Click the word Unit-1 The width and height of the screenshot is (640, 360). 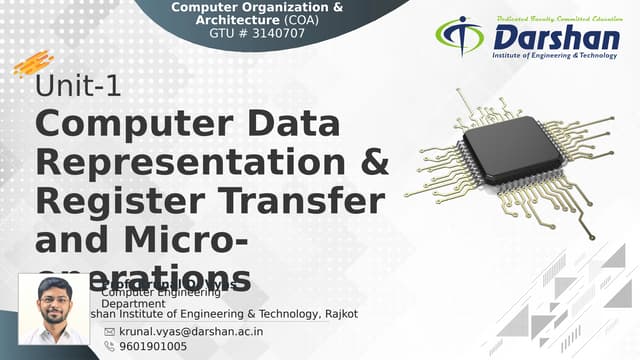point(78,87)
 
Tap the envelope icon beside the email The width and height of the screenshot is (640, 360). point(109,330)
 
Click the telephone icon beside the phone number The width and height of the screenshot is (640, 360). point(109,346)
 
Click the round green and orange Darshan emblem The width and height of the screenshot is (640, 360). point(459,36)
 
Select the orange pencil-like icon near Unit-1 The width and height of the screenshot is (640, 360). point(33,65)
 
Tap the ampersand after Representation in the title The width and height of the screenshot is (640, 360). point(372,163)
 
